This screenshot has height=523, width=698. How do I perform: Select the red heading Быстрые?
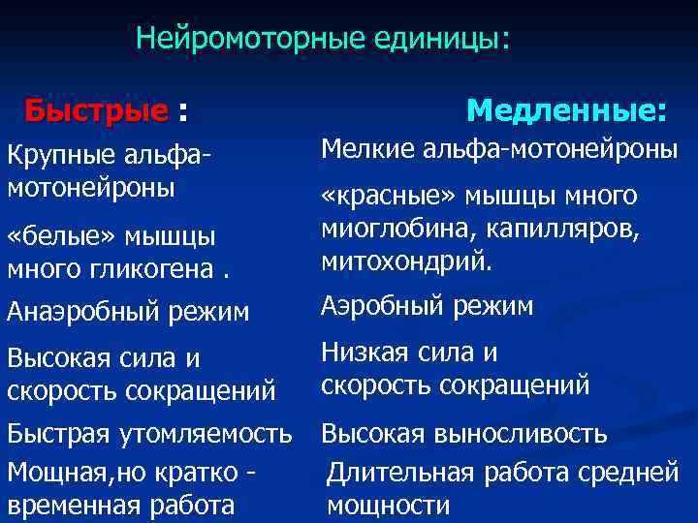[x=96, y=111]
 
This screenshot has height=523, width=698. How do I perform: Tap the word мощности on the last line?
[x=388, y=506]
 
